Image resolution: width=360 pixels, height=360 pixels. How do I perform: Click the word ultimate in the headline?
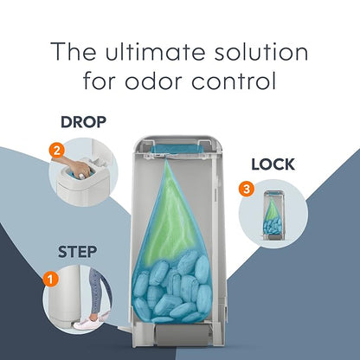156,52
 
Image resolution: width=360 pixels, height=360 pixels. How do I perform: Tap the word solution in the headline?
261,52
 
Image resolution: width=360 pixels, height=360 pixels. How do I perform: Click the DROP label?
84,122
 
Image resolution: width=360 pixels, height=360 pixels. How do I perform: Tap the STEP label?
77,252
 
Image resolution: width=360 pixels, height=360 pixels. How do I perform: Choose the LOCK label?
273,164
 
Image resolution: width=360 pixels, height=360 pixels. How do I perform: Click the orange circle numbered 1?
51,279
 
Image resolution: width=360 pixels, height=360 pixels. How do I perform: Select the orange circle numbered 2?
56,151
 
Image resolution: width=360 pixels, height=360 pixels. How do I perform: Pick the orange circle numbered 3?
247,189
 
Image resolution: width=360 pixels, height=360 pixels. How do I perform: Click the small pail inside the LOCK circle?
273,215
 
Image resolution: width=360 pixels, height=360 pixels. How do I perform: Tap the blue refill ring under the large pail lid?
175,149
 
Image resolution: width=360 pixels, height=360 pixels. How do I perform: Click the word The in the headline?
74,51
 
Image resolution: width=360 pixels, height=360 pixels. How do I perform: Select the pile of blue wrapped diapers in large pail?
172,288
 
